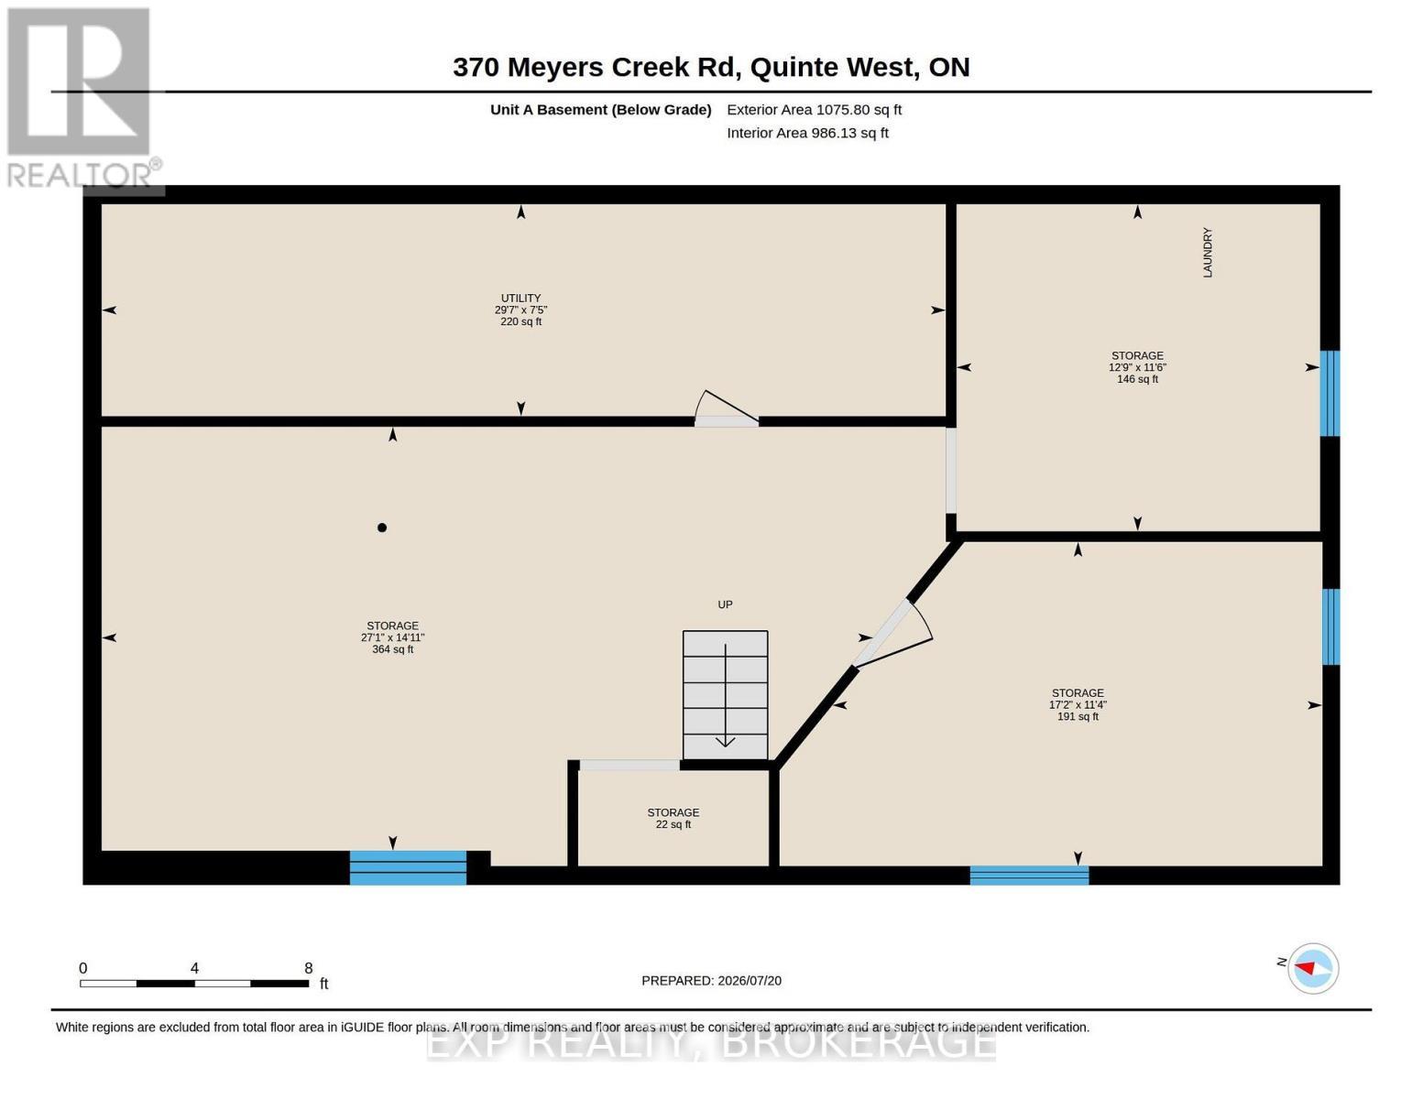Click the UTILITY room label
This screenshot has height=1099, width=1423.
point(520,298)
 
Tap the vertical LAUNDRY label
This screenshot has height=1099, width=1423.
point(1208,252)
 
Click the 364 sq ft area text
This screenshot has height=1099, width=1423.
point(392,649)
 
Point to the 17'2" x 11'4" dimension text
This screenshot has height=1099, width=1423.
point(1078,705)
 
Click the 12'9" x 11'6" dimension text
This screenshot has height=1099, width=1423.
point(1137,367)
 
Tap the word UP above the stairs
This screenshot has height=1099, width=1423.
point(725,604)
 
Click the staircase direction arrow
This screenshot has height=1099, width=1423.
point(725,694)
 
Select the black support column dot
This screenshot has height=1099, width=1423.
point(382,528)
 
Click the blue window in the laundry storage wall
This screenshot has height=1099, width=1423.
point(1330,394)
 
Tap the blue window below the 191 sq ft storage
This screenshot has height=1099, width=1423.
point(1029,876)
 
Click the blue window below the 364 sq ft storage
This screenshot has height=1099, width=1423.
point(408,867)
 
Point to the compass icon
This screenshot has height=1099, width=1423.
point(1312,969)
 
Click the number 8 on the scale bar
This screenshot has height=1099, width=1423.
point(309,968)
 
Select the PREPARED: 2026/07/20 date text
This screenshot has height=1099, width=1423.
point(711,981)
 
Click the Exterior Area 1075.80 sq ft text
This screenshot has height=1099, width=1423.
point(814,110)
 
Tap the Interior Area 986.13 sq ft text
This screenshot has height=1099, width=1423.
point(807,133)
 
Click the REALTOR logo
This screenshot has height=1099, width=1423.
point(82,98)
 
